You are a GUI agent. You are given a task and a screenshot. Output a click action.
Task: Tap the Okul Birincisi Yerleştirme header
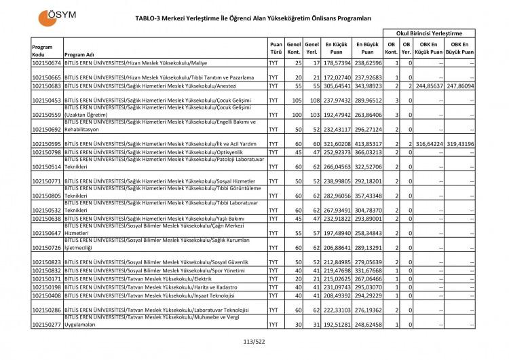pyautogui.click(x=429, y=33)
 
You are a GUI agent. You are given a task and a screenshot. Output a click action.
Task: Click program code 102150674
pyautogui.click(x=47, y=63)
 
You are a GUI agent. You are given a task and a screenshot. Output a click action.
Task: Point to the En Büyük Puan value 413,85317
pyautogui.click(x=367, y=144)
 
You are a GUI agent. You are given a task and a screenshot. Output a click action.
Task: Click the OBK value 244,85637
pyautogui.click(x=425, y=86)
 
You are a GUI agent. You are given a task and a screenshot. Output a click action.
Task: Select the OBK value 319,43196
pyautogui.click(x=456, y=144)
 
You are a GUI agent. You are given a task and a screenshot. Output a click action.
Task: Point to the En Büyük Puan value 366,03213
pyautogui.click(x=367, y=152)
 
